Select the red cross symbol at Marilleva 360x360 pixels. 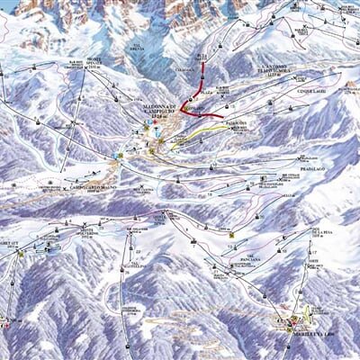pos(291,320)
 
